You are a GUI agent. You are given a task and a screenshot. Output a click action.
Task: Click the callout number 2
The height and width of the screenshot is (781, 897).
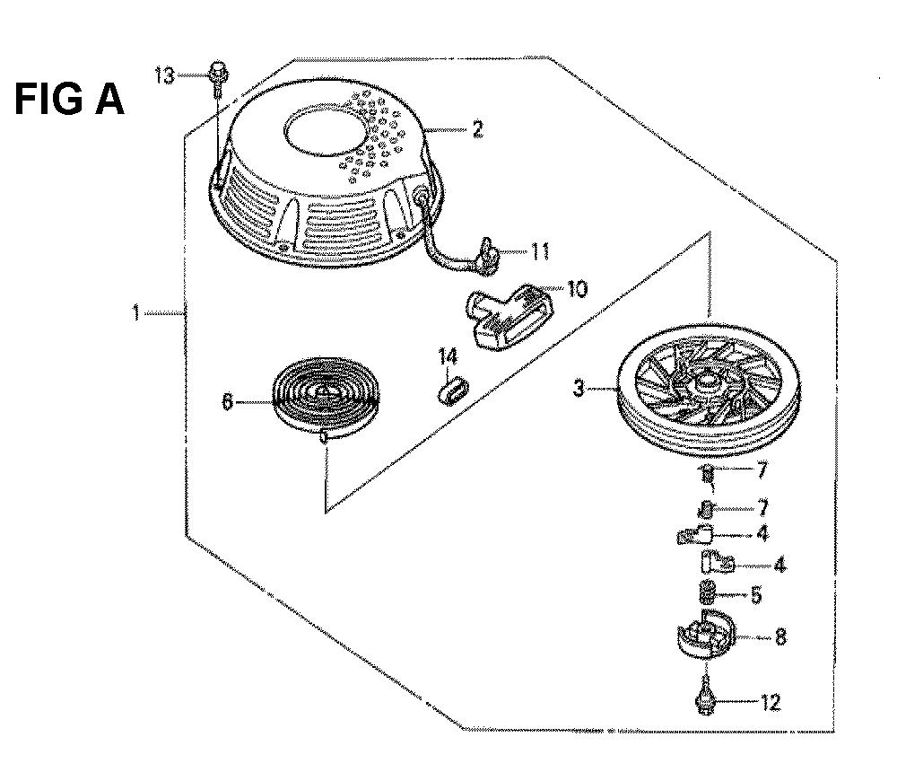[x=477, y=131]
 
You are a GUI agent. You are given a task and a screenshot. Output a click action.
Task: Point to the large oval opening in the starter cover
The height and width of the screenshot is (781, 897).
[x=326, y=135]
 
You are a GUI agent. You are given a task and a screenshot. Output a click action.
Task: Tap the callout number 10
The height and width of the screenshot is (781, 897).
[x=576, y=289]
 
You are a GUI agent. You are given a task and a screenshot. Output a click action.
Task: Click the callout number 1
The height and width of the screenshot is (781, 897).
[x=136, y=313]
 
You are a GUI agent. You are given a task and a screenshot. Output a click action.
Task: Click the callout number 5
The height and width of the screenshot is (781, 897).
[x=755, y=593]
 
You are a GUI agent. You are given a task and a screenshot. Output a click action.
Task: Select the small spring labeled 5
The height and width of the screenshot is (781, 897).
[x=707, y=592]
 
